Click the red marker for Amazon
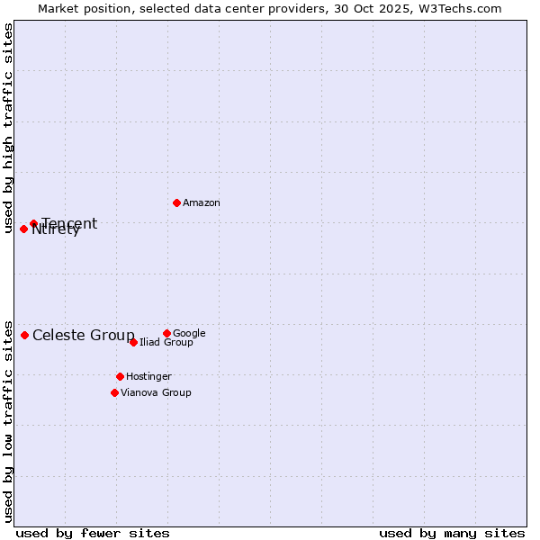176,202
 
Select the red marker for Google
166,333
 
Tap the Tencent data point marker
33,223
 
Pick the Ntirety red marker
23,229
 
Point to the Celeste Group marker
24,335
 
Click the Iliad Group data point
133,342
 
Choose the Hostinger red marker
120,376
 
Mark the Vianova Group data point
114,392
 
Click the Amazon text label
202,203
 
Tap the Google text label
189,334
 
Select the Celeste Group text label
84,336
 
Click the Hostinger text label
148,376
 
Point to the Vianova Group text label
156,392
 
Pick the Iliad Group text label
166,343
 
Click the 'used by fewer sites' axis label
93,533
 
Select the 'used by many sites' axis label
452,533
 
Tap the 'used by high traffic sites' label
8,128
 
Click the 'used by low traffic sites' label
8,420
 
